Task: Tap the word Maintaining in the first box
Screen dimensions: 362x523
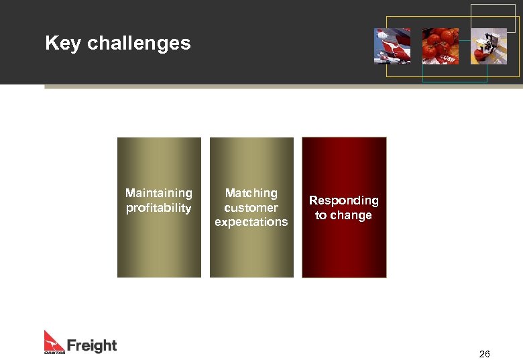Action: pos(159,193)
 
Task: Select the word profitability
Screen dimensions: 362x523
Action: pos(159,208)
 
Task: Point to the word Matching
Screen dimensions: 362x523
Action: pos(251,193)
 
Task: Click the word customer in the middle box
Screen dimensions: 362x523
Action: pos(251,208)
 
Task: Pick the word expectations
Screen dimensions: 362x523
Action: pos(251,222)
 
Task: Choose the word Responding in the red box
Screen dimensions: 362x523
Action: pos(343,200)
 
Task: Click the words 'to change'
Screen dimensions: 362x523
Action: pos(343,215)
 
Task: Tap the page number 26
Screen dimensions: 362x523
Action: pos(485,354)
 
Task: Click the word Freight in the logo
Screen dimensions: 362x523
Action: pos(91,346)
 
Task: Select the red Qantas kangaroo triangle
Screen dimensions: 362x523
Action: pos(54,339)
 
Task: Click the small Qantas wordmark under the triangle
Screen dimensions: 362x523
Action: pos(54,351)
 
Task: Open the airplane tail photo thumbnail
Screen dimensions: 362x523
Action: pos(392,46)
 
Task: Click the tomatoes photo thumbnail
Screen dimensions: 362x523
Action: pos(440,46)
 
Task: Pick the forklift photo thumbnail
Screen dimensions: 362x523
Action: pos(488,46)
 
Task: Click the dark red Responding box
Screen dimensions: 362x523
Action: pos(344,248)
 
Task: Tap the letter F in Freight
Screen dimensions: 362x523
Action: pos(72,346)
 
